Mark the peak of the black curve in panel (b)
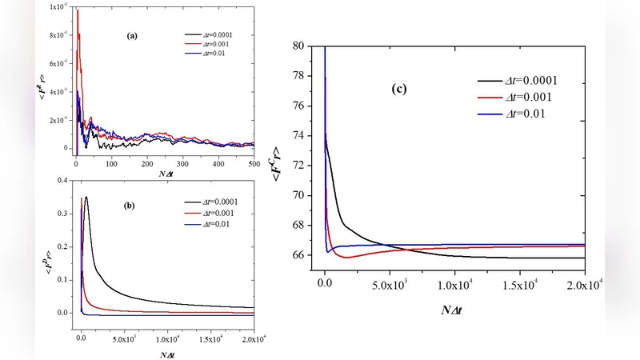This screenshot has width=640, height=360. [x=86, y=197]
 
